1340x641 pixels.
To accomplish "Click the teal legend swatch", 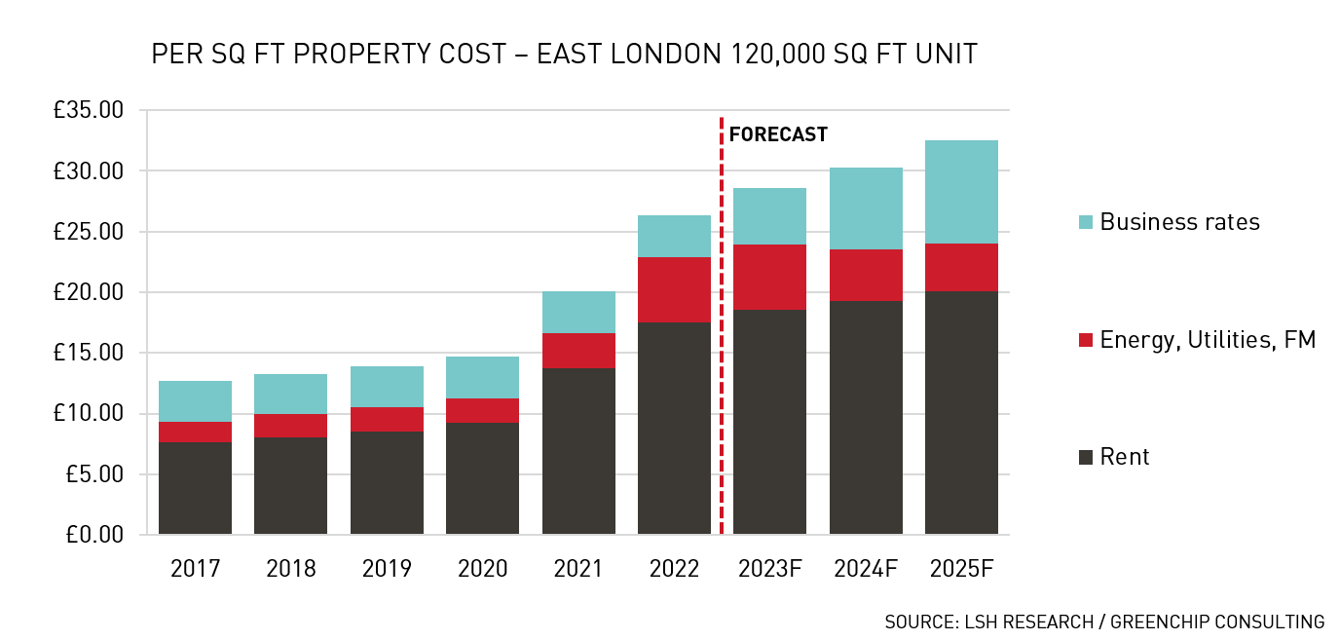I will point(1086,222).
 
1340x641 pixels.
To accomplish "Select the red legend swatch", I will point(1086,340).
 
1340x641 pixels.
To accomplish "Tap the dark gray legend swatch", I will point(1086,457).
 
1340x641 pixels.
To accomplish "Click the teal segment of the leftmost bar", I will point(195,401).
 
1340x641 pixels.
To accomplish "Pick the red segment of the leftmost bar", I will point(195,432).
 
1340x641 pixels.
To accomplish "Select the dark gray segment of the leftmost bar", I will point(195,488).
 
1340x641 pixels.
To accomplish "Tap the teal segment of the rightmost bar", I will point(961,192).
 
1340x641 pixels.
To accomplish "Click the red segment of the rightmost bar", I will point(961,268).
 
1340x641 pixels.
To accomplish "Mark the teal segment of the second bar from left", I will point(290,394).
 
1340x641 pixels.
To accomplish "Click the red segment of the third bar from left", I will point(387,419).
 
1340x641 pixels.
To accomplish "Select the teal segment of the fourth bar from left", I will point(482,377).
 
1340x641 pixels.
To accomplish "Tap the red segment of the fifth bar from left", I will point(578,351).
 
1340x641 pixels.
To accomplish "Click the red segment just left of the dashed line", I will point(674,289).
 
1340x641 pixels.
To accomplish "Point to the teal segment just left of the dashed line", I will point(674,236).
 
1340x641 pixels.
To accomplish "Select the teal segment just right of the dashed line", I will point(769,216).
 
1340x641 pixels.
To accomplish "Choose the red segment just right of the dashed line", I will point(769,277).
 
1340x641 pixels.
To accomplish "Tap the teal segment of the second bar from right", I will point(866,208).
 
